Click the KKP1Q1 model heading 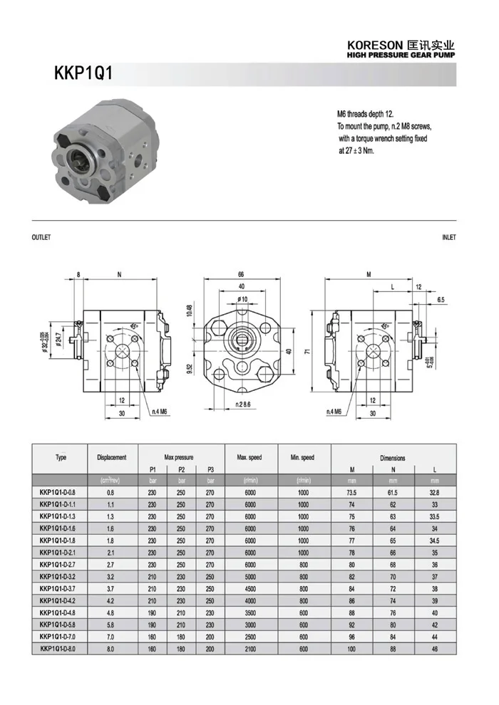coord(83,74)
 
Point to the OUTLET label coord(41,238)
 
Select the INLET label coord(448,238)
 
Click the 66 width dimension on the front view coord(242,275)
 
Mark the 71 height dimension coord(305,351)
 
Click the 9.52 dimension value coord(190,369)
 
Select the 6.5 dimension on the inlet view coord(441,300)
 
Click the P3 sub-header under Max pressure coord(210,469)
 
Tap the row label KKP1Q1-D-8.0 coord(61,649)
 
